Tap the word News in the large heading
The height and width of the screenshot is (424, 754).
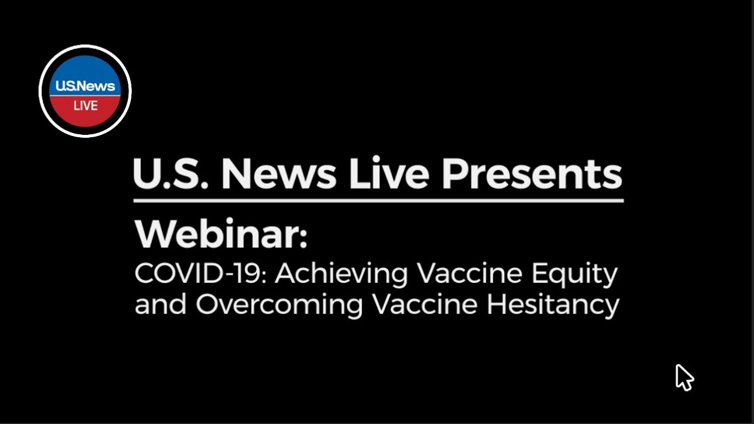click(x=279, y=174)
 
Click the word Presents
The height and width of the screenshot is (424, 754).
click(x=531, y=174)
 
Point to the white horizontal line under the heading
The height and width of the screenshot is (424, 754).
click(x=378, y=201)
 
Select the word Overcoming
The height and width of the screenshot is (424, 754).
click(x=279, y=305)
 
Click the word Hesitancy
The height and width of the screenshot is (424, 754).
click(x=553, y=305)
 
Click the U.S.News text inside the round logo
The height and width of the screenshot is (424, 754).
click(x=85, y=87)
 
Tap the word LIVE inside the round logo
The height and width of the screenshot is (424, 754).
click(x=85, y=106)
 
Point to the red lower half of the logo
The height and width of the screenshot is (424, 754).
click(x=85, y=115)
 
